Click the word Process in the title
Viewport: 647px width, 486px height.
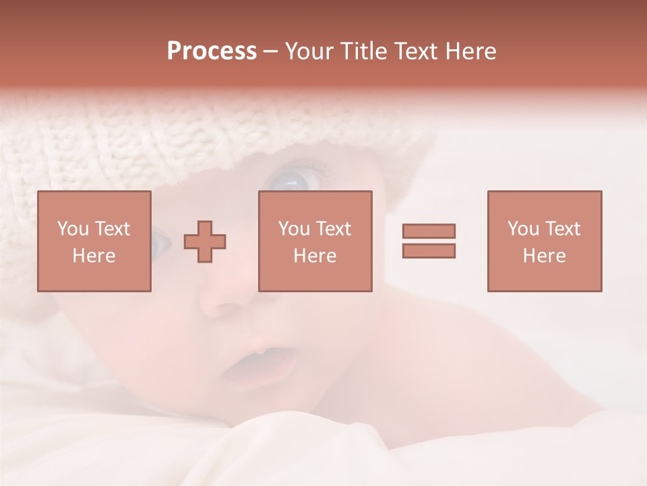coord(212,51)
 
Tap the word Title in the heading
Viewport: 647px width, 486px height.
coord(364,51)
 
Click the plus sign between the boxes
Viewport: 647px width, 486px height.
coord(205,242)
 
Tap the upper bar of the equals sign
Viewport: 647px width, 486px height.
coord(429,231)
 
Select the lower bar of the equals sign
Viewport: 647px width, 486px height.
coord(429,250)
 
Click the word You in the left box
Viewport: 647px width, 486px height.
coord(73,229)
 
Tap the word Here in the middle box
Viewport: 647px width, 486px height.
coord(315,256)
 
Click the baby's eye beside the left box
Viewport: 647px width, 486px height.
coord(159,241)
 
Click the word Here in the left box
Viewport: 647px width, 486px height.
coord(94,256)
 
